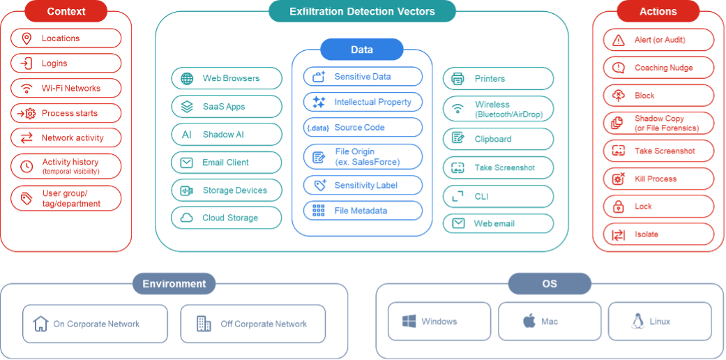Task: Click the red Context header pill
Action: [66, 11]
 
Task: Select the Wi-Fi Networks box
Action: [66, 89]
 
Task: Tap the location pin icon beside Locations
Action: [27, 38]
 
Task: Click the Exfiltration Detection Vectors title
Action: [362, 11]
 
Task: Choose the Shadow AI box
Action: [227, 135]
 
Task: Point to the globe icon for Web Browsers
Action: [187, 79]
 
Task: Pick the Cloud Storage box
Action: [227, 218]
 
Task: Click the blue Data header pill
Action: [362, 50]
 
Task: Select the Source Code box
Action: [363, 128]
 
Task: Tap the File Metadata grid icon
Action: [319, 211]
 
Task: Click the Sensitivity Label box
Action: [363, 185]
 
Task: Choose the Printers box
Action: [498, 79]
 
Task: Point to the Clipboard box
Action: [498, 139]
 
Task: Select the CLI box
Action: [498, 197]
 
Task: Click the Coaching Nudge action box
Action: [658, 68]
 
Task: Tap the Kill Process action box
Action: [658, 179]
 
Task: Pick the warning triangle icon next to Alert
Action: [618, 40]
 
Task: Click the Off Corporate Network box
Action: [252, 324]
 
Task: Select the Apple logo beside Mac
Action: [529, 322]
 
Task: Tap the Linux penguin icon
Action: [637, 322]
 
